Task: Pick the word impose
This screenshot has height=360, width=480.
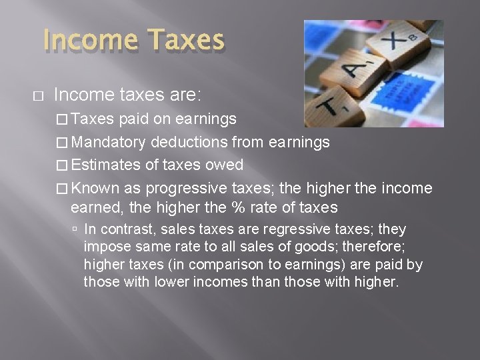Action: point(103,247)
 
